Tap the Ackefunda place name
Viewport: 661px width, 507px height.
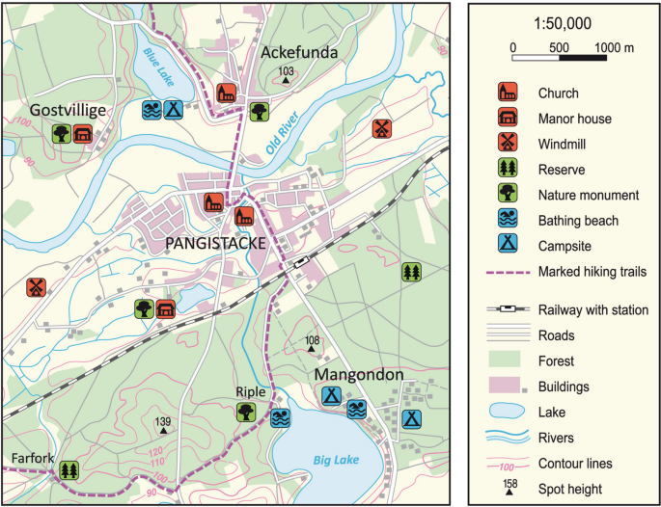click(299, 52)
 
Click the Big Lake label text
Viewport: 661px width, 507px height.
click(336, 461)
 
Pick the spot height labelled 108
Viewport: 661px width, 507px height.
click(312, 341)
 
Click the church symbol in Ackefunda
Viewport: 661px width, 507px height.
click(227, 93)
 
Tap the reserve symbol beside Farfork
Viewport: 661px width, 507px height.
click(68, 470)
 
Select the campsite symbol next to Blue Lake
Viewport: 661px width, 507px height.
click(174, 110)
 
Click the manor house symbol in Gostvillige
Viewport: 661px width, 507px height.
click(83, 133)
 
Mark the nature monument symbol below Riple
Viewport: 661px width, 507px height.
click(247, 413)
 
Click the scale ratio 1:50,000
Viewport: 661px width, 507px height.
click(563, 23)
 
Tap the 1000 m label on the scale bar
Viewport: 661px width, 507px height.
click(614, 46)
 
